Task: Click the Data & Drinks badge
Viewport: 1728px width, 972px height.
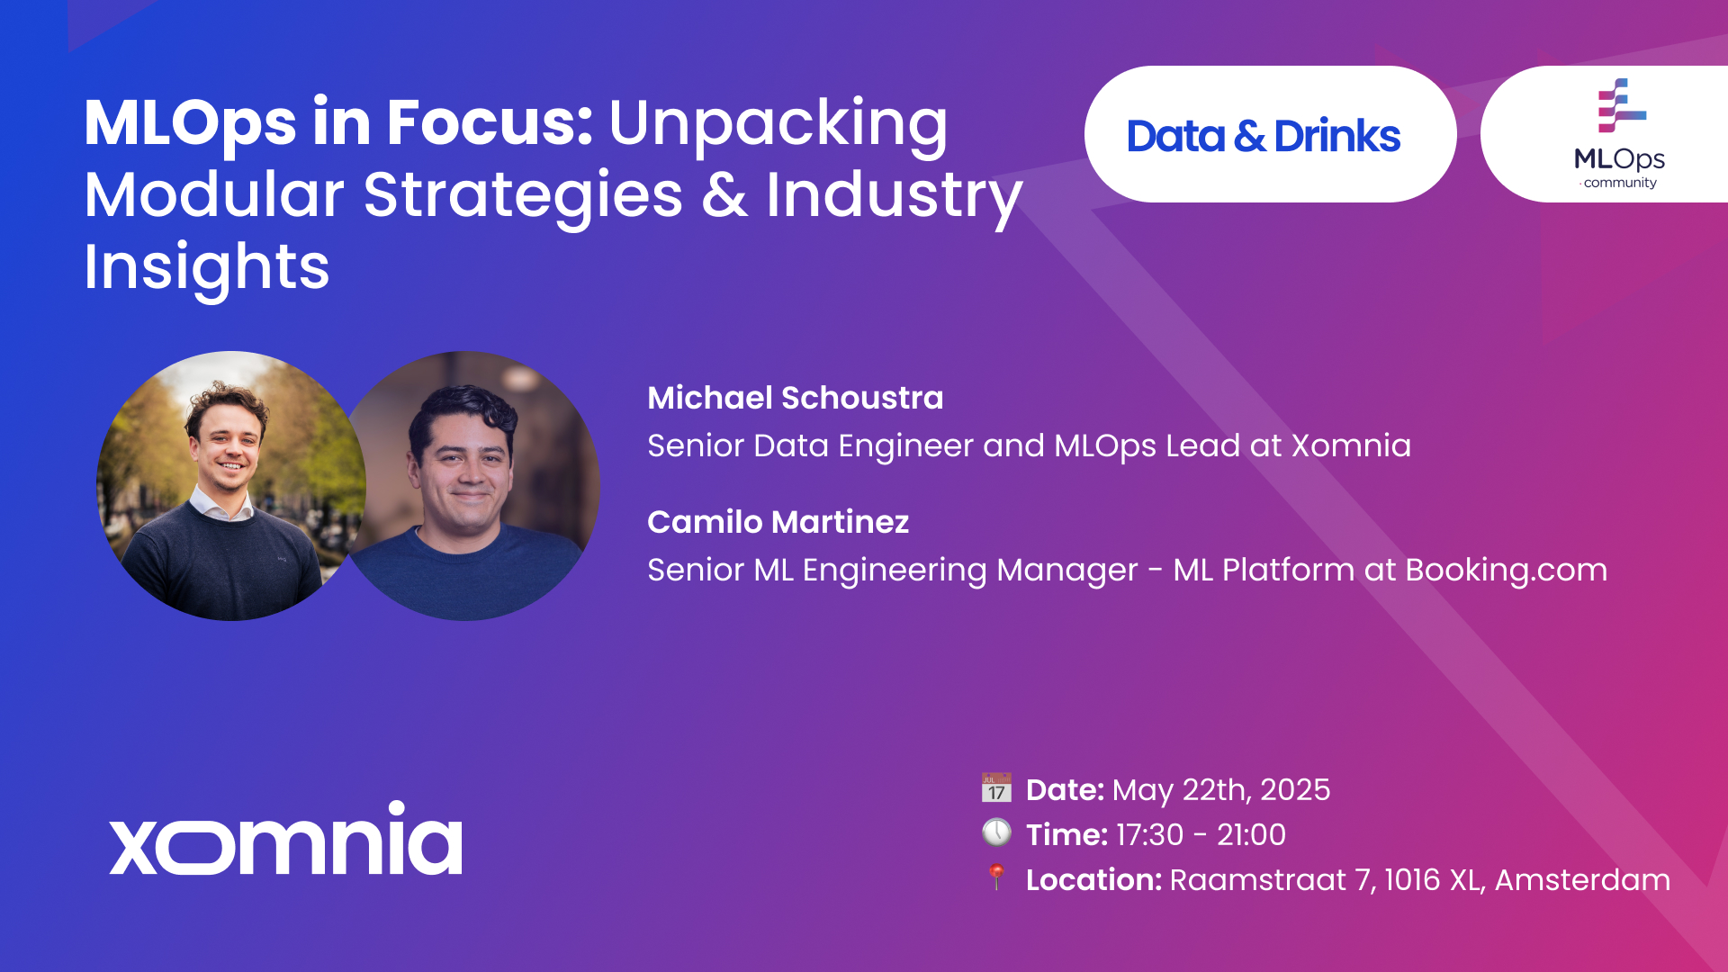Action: coord(1270,134)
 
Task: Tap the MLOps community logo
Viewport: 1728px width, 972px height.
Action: coord(1620,134)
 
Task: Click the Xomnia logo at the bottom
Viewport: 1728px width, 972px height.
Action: coord(286,838)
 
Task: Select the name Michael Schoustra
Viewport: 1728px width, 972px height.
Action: coord(796,398)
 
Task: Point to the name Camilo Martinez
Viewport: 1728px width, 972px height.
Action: coord(778,522)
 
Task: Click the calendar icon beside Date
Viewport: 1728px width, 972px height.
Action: coord(996,787)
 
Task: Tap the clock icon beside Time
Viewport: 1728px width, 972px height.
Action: coord(996,832)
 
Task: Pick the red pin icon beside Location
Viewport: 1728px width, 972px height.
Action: coord(996,877)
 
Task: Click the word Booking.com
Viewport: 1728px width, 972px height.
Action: coord(1507,570)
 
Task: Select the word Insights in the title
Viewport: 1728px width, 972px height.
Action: coord(207,267)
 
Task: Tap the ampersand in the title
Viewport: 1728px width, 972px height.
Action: coord(724,195)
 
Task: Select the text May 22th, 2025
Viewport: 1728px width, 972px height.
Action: coord(1221,790)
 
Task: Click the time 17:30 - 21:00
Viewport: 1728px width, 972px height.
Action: coord(1201,835)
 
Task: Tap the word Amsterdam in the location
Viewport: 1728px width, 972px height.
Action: coord(1583,879)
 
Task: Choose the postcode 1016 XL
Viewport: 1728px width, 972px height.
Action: coord(1433,879)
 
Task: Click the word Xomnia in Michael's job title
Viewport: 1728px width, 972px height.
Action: coord(1352,445)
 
